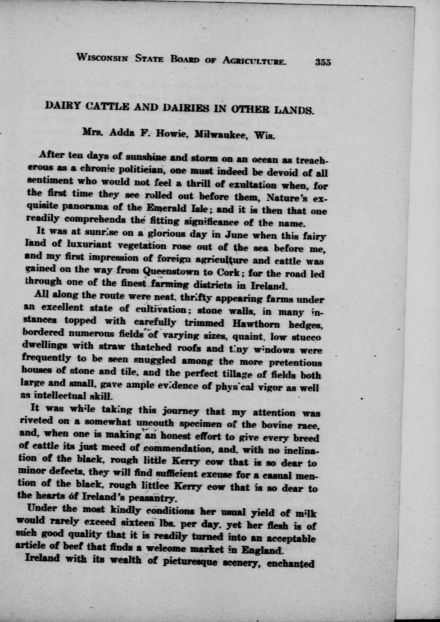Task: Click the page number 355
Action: (323, 62)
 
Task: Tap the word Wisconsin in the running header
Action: (103, 58)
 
